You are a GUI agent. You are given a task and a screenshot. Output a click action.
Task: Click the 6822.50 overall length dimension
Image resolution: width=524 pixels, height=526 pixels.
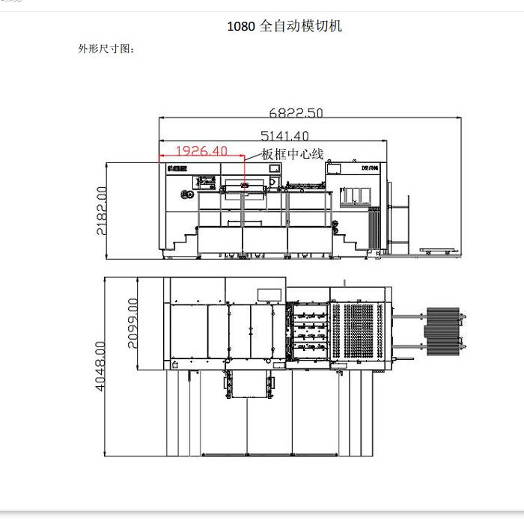(296, 113)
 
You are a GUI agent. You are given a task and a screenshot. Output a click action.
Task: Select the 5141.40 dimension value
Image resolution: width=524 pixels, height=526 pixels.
(284, 136)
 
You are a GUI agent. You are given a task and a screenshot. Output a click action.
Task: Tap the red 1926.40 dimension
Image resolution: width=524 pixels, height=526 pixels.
(201, 151)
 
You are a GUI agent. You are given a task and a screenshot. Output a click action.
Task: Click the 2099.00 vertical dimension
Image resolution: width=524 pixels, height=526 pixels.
(132, 322)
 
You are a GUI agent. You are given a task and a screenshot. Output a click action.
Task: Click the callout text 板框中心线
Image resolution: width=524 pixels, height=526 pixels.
(293, 154)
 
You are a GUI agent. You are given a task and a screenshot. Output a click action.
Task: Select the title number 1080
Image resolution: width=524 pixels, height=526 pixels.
(241, 26)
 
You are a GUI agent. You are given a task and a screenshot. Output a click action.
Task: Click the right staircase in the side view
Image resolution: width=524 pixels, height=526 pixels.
(350, 241)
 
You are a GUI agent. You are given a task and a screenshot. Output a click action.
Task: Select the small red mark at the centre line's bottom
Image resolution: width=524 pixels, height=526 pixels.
(244, 184)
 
